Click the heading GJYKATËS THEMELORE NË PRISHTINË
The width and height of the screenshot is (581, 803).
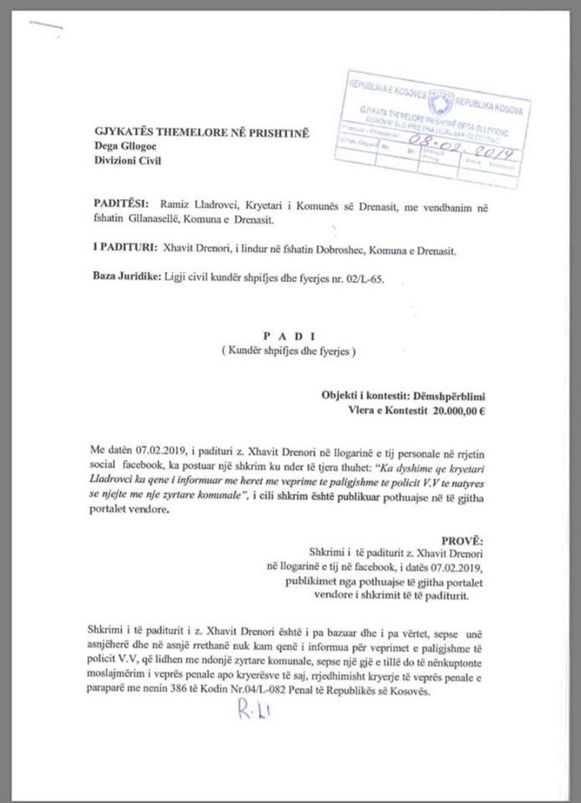point(202,133)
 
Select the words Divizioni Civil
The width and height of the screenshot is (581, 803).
point(127,160)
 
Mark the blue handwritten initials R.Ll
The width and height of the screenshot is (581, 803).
point(253,708)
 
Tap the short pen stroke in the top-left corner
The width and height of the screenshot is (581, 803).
point(46,26)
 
